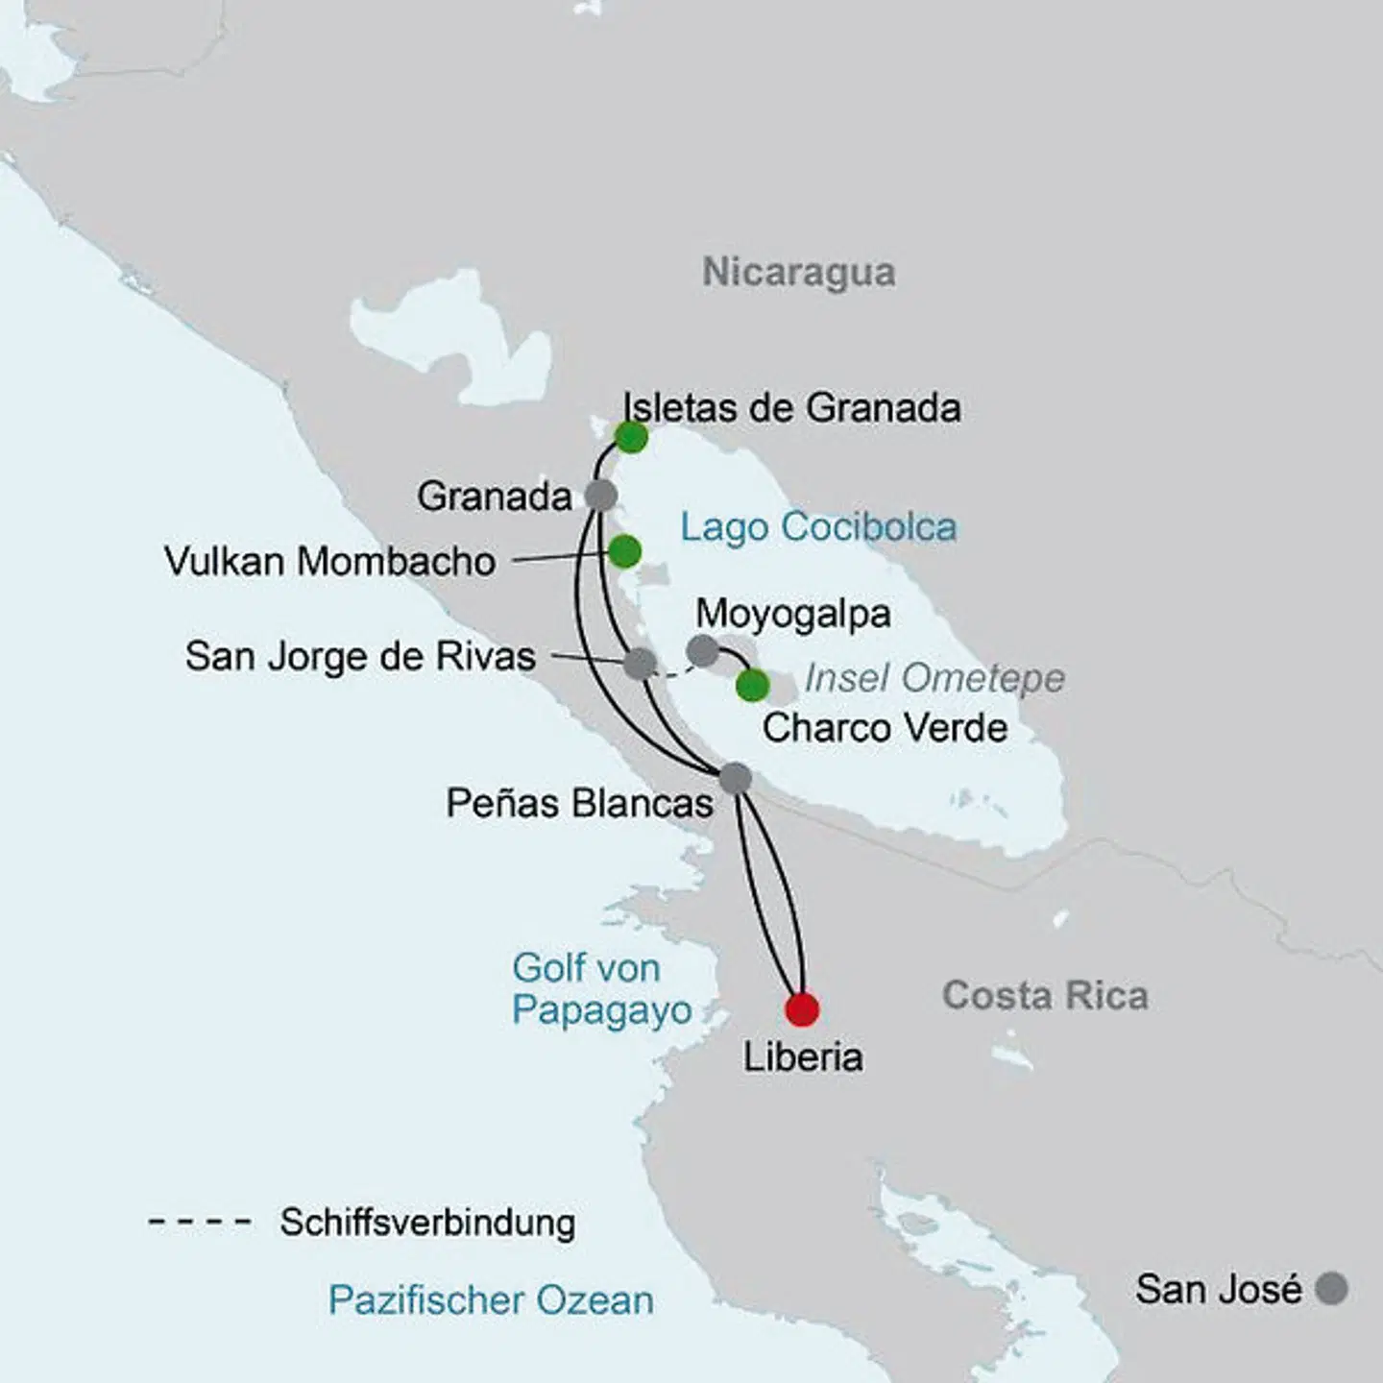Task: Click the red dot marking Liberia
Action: pyautogui.click(x=802, y=1009)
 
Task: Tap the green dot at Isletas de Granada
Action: pyautogui.click(x=631, y=437)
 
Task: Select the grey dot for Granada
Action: pyautogui.click(x=601, y=496)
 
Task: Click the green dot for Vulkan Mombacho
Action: pyautogui.click(x=624, y=551)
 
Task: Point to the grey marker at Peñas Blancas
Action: pyautogui.click(x=735, y=777)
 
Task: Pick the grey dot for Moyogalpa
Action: pyautogui.click(x=703, y=650)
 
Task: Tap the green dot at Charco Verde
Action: pyautogui.click(x=752, y=686)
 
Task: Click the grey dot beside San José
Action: pyautogui.click(x=1331, y=1288)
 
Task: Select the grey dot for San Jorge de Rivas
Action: pyautogui.click(x=640, y=664)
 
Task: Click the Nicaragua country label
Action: pyautogui.click(x=798, y=272)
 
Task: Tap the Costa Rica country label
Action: pyautogui.click(x=1045, y=995)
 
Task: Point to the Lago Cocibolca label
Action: pyautogui.click(x=818, y=527)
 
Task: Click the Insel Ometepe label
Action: pyautogui.click(x=934, y=678)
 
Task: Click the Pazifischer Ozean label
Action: pyautogui.click(x=491, y=1300)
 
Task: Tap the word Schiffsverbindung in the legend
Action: pyautogui.click(x=427, y=1223)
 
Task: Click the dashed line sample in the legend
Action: pyautogui.click(x=200, y=1223)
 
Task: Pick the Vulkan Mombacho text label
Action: pyautogui.click(x=329, y=561)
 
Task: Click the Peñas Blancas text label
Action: pyautogui.click(x=579, y=803)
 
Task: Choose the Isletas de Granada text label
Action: pyautogui.click(x=791, y=407)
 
